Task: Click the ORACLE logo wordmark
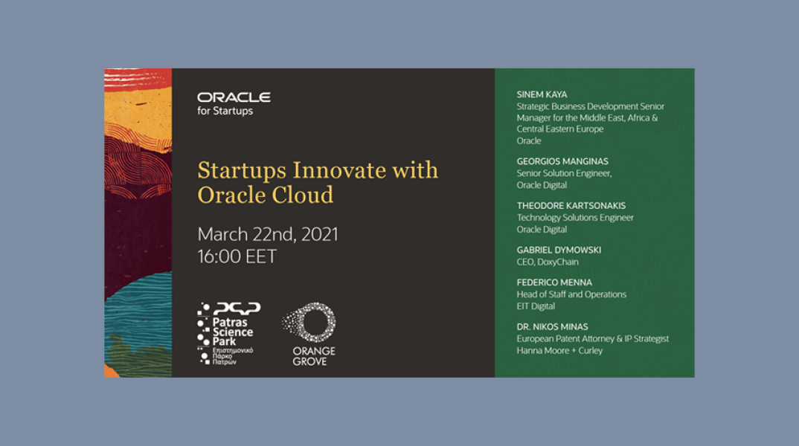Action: tap(234, 97)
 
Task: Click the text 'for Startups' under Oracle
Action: tap(225, 111)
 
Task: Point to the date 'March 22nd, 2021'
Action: tap(268, 235)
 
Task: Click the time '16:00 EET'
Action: tap(237, 257)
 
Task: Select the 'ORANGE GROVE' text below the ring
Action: tap(313, 356)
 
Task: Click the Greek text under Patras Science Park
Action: tap(232, 355)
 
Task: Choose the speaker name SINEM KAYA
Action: tap(542, 94)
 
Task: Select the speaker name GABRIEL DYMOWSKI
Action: tap(559, 250)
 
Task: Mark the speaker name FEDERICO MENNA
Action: tap(554, 282)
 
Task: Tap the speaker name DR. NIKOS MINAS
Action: tap(552, 326)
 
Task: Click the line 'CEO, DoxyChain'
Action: tap(548, 262)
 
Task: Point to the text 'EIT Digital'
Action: tap(536, 306)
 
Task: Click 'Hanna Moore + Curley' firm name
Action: tap(559, 351)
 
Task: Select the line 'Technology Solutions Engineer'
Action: tap(575, 218)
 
